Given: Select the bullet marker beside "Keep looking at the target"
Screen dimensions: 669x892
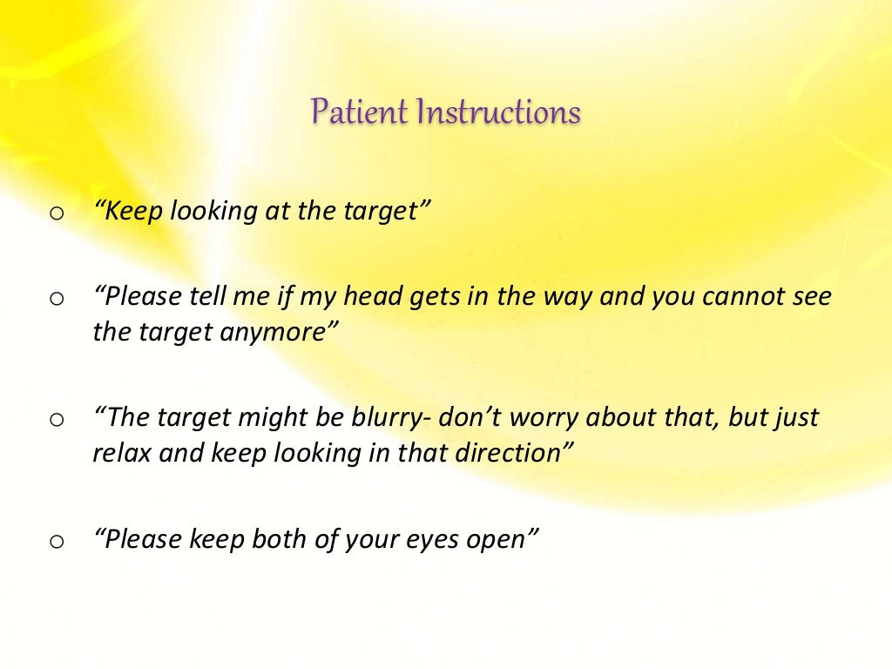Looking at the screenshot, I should [57, 213].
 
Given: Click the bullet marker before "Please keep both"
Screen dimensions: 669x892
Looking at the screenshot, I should [57, 542].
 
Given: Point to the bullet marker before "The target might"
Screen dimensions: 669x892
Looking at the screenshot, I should [57, 420].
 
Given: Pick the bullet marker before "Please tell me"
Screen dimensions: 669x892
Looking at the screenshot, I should [57, 299].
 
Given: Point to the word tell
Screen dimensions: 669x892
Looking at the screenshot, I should [207, 296].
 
